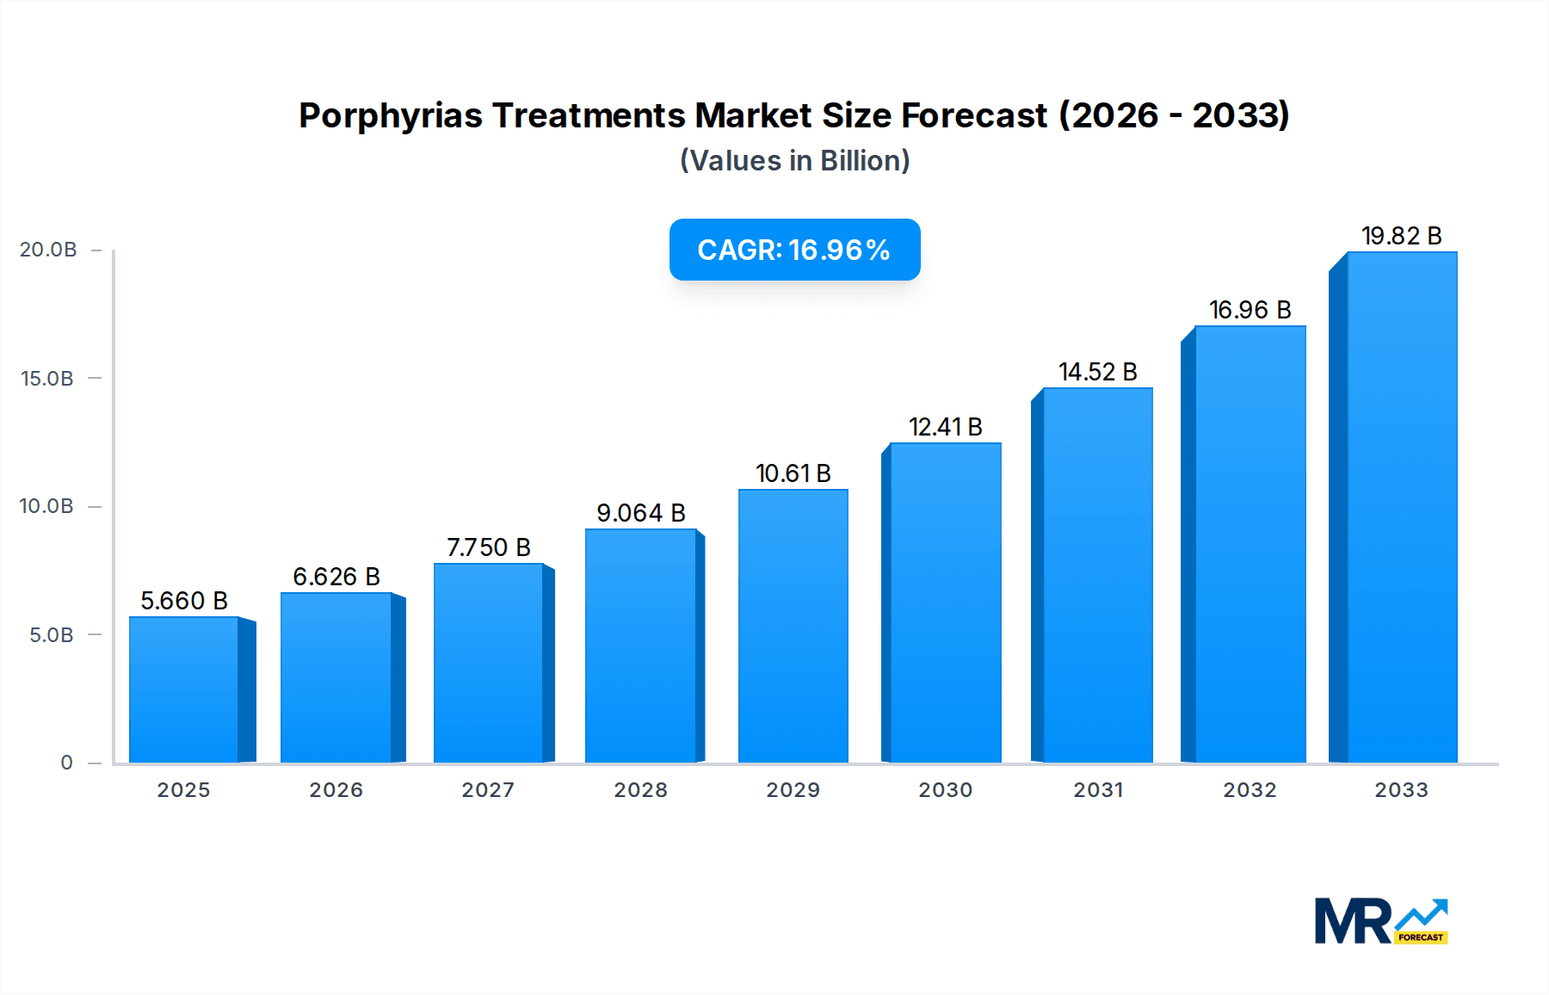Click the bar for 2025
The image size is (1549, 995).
tap(184, 689)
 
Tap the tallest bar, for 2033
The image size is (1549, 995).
tap(1402, 507)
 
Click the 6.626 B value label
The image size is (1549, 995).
tap(336, 577)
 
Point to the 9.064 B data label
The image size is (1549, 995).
tap(641, 513)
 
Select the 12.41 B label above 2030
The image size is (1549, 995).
tap(945, 427)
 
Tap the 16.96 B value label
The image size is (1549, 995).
tap(1250, 310)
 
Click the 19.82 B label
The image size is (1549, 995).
tap(1401, 236)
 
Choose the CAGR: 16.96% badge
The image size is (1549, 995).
tap(794, 250)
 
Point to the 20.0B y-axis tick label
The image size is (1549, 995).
tap(48, 250)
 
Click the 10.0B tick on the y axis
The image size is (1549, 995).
tap(46, 506)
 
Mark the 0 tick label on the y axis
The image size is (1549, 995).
tap(66, 763)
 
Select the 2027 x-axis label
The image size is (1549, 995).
tap(488, 790)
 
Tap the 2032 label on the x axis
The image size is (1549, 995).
tap(1250, 790)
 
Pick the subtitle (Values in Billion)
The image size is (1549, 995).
tap(794, 161)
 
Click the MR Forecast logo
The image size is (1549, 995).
tap(1381, 921)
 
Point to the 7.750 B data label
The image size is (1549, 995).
tap(488, 547)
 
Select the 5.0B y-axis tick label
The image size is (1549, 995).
tap(52, 635)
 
